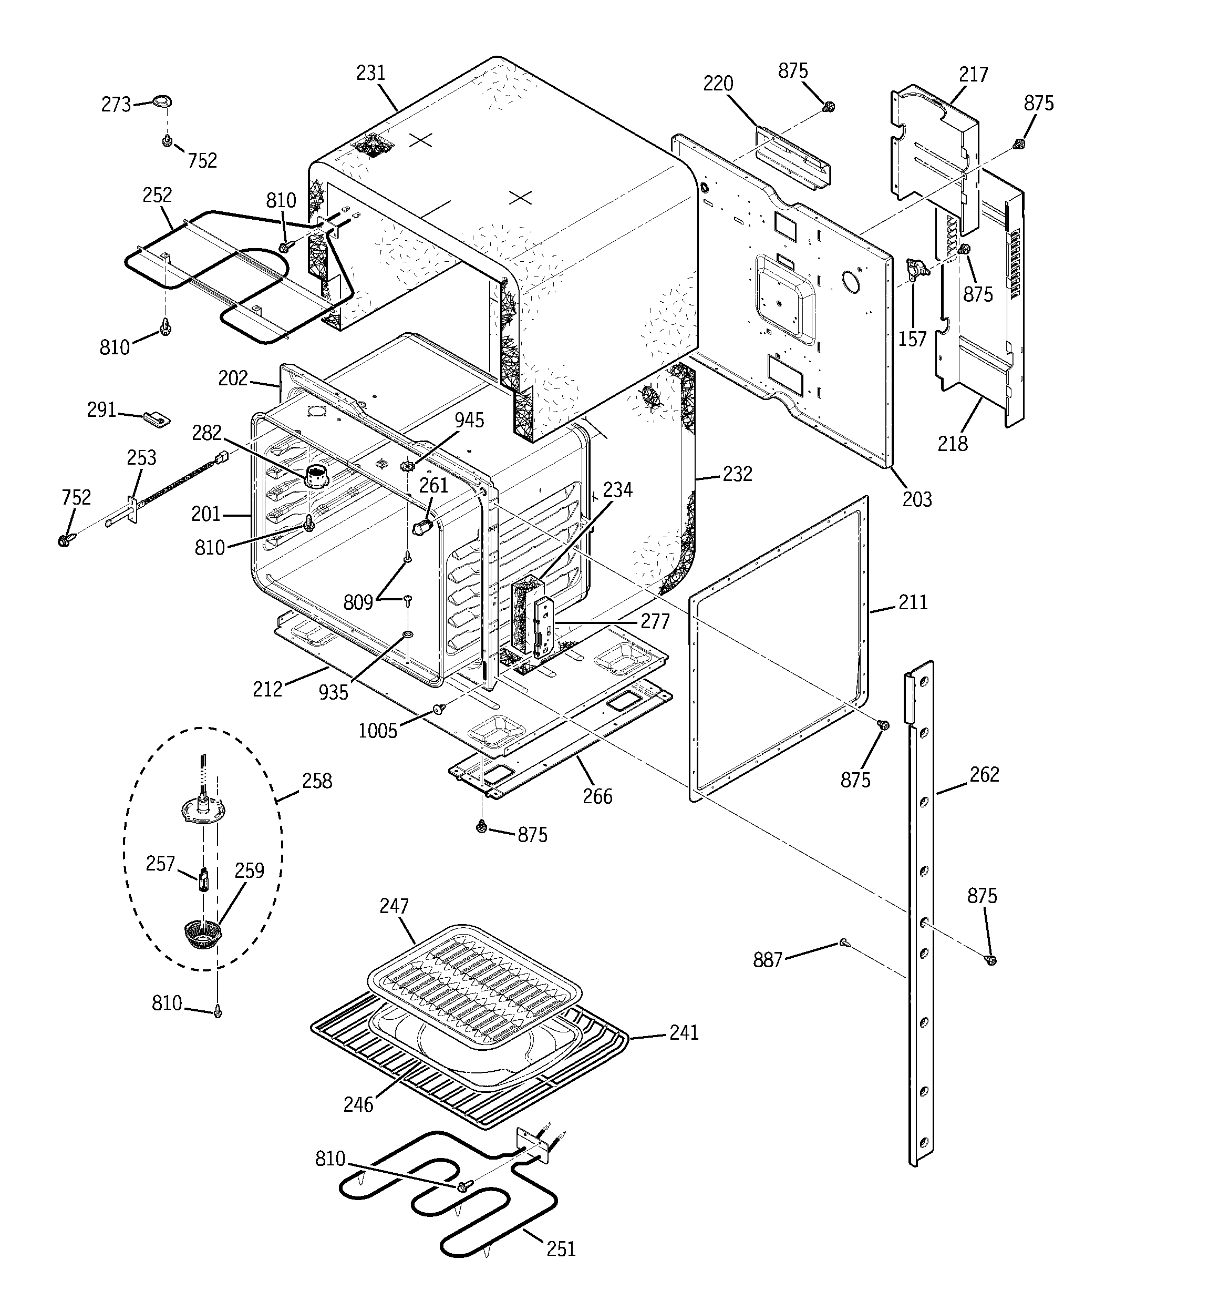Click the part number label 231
coord(370,73)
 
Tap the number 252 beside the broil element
coord(157,195)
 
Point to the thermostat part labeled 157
coord(917,268)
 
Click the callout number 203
coord(917,499)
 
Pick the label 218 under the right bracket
coord(952,444)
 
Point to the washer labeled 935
coord(408,635)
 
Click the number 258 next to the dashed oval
coord(317,781)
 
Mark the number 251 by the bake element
coord(561,1248)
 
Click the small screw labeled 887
coord(843,943)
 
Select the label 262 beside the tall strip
coord(984,775)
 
